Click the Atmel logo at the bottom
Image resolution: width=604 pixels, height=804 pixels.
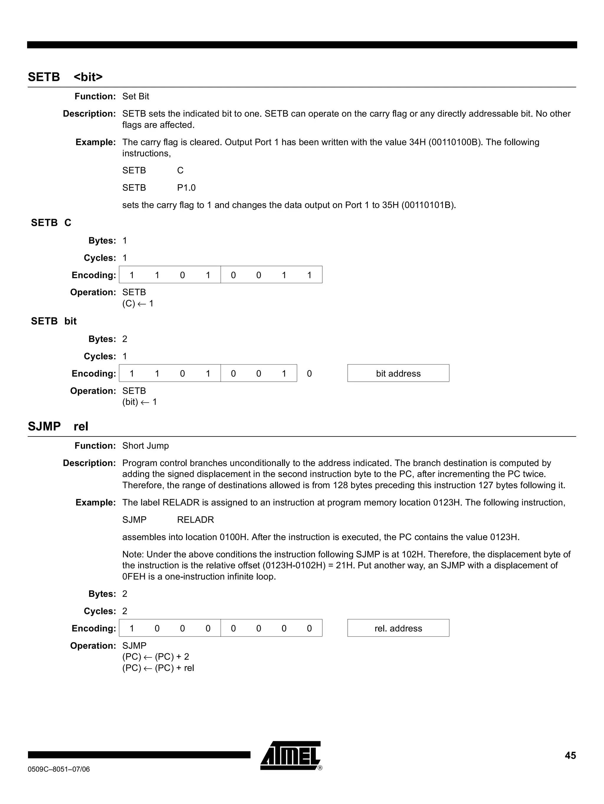[290, 755]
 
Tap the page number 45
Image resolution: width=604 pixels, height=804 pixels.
[570, 756]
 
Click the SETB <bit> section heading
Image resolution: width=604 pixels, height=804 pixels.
[65, 77]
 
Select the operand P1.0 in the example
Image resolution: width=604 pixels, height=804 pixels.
[186, 188]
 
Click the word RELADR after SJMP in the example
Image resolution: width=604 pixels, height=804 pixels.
[195, 520]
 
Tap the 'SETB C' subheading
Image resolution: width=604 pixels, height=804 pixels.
[51, 222]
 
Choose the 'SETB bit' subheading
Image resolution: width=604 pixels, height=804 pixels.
[54, 321]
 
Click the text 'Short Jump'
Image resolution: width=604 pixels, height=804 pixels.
[145, 446]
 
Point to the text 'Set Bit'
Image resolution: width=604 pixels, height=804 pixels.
[136, 96]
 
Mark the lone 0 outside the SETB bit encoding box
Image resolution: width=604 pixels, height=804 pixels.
[309, 374]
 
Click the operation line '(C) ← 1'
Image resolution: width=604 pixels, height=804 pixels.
[138, 303]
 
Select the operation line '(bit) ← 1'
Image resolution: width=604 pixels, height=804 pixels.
[139, 402]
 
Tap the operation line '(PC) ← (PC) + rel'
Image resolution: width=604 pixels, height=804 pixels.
[158, 668]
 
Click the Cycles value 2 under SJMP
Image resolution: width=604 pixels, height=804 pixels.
[125, 611]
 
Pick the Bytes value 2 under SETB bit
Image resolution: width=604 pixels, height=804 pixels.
[125, 339]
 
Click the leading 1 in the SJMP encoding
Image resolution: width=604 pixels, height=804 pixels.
[132, 629]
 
